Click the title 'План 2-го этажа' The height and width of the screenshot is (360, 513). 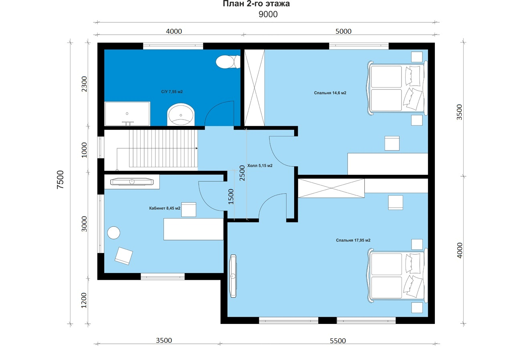(x=256, y=4)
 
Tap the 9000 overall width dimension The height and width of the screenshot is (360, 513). (x=268, y=14)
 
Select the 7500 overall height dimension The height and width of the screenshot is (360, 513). (x=60, y=180)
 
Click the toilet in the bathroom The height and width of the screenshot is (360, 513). (x=228, y=62)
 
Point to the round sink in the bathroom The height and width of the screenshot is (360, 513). (x=181, y=115)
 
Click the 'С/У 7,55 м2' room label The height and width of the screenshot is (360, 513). (x=172, y=92)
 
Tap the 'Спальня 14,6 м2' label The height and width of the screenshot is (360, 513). (x=330, y=93)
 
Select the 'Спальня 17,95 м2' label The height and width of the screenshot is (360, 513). (x=353, y=240)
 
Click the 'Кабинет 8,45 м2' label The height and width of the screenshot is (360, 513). (x=165, y=208)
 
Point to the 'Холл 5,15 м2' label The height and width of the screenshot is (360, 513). (x=260, y=166)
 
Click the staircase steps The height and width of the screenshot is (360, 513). (x=163, y=148)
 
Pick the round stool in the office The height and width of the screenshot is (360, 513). (x=113, y=233)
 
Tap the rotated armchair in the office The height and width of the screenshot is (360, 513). (x=124, y=256)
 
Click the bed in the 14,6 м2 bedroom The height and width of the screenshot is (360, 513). (x=397, y=88)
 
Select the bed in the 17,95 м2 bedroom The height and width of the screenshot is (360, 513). (x=397, y=276)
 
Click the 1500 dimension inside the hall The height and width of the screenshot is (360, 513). (x=231, y=196)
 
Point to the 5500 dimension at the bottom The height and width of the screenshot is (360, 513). (x=338, y=341)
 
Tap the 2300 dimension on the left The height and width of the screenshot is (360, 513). (x=84, y=84)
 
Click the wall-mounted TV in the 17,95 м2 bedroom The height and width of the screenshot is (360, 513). (x=233, y=276)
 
